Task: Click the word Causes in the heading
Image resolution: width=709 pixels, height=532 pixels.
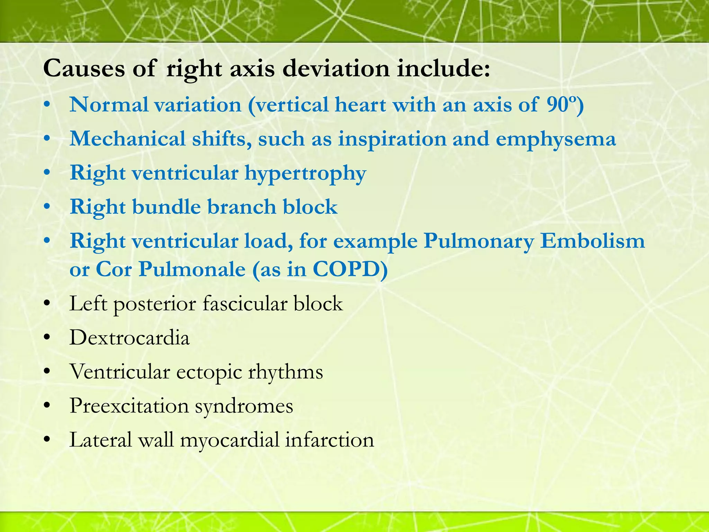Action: pyautogui.click(x=84, y=68)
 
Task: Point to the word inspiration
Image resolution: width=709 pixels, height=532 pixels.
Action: pyautogui.click(x=392, y=139)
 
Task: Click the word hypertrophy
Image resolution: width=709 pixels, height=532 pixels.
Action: pyautogui.click(x=305, y=173)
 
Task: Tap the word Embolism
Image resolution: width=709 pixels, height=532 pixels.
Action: pyautogui.click(x=593, y=241)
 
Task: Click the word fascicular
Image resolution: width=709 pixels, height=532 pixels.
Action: pyautogui.click(x=245, y=304)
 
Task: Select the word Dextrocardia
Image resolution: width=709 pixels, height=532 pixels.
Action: pyautogui.click(x=129, y=337)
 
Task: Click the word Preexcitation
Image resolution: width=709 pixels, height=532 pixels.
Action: pyautogui.click(x=129, y=406)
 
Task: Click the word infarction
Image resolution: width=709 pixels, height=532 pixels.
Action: pyautogui.click(x=330, y=440)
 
